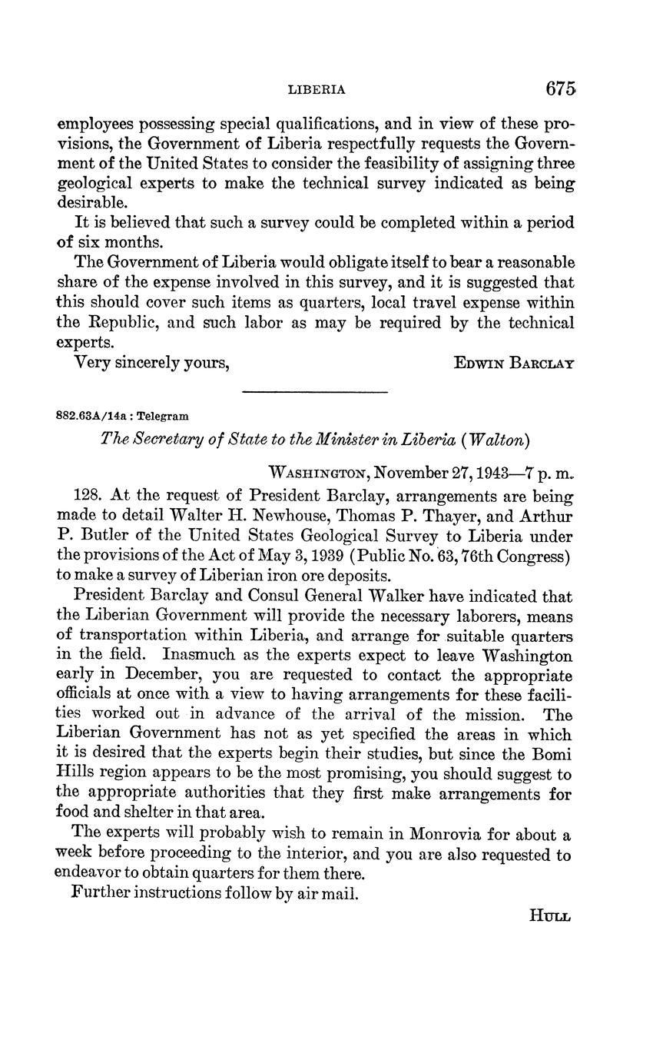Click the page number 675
(x=560, y=88)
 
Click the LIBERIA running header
(x=317, y=90)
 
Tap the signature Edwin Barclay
(x=514, y=363)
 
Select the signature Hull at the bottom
(x=550, y=915)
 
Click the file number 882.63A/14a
(x=88, y=416)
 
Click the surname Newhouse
(x=261, y=517)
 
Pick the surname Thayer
(x=432, y=517)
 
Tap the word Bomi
(x=552, y=754)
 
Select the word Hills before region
(x=75, y=774)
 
